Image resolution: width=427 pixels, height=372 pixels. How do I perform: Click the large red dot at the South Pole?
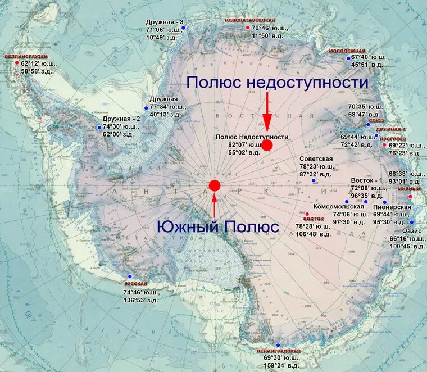coord(215,185)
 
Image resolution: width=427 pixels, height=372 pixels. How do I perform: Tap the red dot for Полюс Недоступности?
coord(267,145)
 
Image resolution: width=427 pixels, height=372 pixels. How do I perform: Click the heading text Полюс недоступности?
coord(278,83)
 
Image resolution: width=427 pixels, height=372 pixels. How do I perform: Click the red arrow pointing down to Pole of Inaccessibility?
coord(267,111)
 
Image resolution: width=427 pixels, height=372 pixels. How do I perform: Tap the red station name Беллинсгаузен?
coord(26,57)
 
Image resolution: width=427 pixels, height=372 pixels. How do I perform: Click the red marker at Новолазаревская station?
coord(247,27)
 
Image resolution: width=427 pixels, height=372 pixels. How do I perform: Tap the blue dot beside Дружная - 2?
coord(99,128)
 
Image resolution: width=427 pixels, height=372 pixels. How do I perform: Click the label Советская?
coord(316,159)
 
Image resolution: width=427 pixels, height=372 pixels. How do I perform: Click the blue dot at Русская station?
coord(130,276)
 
